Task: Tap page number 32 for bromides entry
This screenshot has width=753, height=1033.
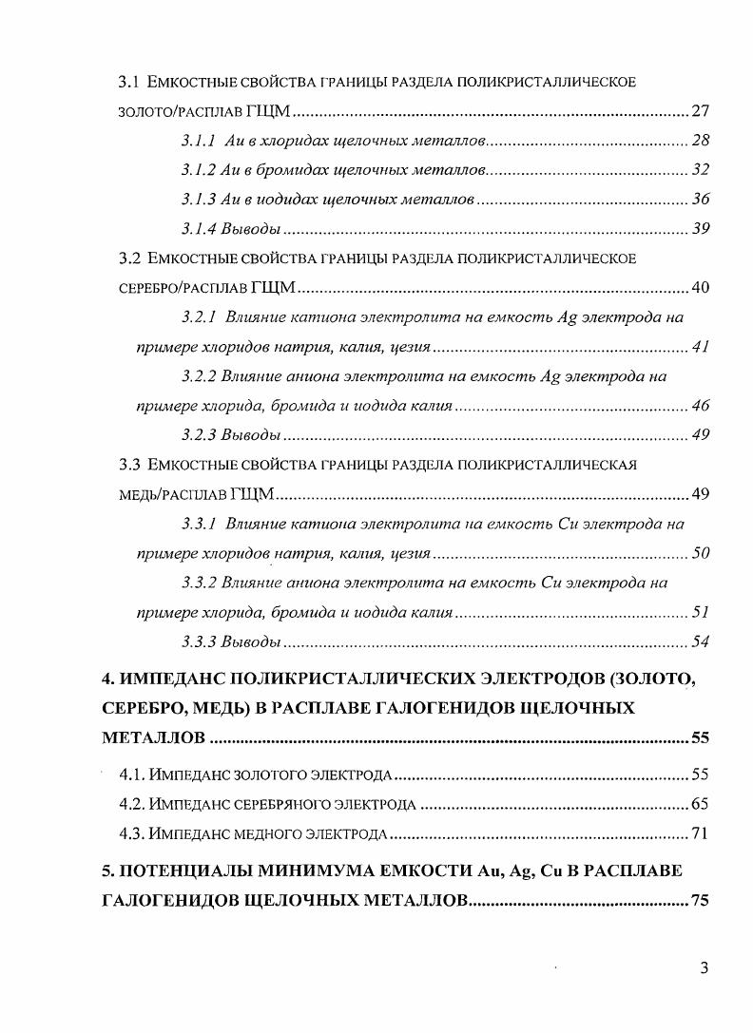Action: [701, 170]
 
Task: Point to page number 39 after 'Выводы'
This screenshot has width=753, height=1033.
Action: [701, 229]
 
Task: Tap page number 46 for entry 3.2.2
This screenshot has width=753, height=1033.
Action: [701, 406]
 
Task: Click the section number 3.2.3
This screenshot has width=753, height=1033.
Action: [199, 435]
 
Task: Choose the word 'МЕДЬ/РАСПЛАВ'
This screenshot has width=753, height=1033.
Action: [156, 494]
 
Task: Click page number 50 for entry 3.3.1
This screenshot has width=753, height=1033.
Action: [701, 553]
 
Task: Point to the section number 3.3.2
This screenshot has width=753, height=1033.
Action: [199, 582]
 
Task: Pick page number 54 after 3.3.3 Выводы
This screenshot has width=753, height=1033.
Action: [701, 641]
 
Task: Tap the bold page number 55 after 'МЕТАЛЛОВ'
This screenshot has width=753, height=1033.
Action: [700, 738]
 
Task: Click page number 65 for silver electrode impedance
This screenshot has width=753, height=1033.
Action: [701, 805]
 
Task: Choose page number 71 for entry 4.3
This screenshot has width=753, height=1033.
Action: [701, 834]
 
